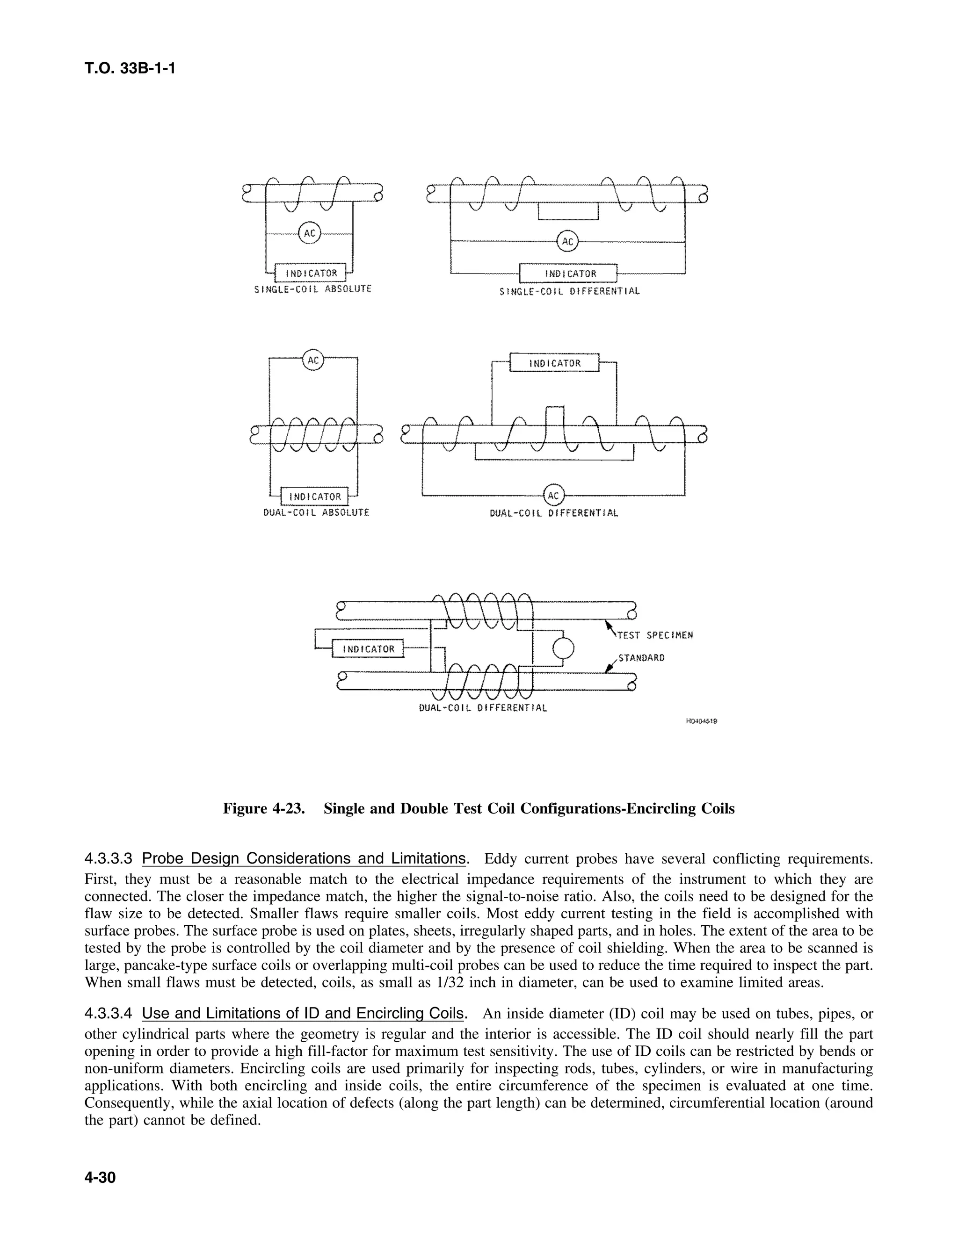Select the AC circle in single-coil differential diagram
pyautogui.click(x=567, y=242)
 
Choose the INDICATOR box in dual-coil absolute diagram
pyautogui.click(x=315, y=497)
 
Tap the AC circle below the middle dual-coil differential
pyautogui.click(x=553, y=495)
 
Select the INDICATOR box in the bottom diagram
pyautogui.click(x=368, y=648)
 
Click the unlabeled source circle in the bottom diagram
pyautogui.click(x=564, y=648)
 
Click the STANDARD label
pyautogui.click(x=641, y=658)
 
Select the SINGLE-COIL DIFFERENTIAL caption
pyautogui.click(x=569, y=292)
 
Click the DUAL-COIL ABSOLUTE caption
pyautogui.click(x=316, y=513)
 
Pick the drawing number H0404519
pyautogui.click(x=702, y=721)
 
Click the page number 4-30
pyautogui.click(x=100, y=1178)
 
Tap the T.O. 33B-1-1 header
pyautogui.click(x=130, y=69)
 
